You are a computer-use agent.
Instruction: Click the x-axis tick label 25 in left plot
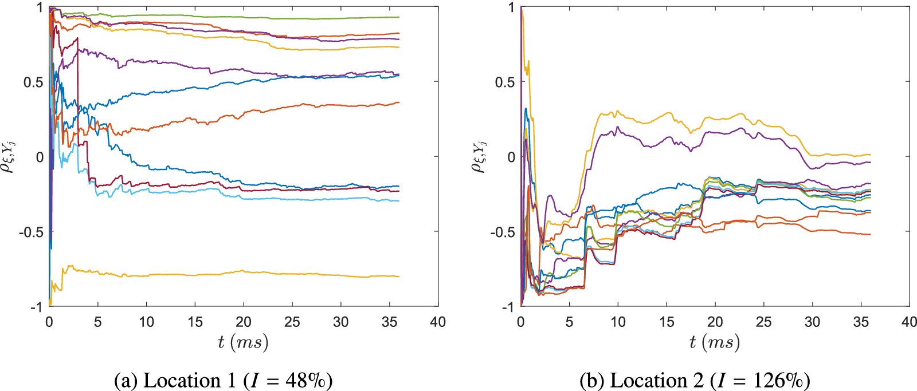tap(292, 322)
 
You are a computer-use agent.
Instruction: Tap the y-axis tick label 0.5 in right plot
tap(504, 82)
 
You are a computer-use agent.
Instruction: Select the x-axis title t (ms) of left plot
tap(243, 342)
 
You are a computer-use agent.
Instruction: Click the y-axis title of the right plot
tap(479, 156)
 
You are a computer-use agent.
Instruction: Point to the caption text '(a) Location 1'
tap(175, 381)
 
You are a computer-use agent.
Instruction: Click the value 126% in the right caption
tap(781, 381)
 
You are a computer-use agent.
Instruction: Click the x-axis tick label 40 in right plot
tap(909, 322)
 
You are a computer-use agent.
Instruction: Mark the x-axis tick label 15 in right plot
tap(667, 322)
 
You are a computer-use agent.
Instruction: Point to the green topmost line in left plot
tap(229, 16)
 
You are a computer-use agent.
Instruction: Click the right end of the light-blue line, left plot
tap(398, 200)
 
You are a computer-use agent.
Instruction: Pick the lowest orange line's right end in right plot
tap(869, 234)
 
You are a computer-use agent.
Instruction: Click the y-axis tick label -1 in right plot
tap(507, 307)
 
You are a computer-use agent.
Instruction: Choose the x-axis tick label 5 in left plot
tap(97, 322)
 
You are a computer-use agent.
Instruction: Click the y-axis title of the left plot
tap(8, 156)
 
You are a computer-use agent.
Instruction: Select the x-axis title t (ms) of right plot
tap(715, 342)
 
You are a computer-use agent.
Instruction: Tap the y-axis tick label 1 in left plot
tap(39, 7)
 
